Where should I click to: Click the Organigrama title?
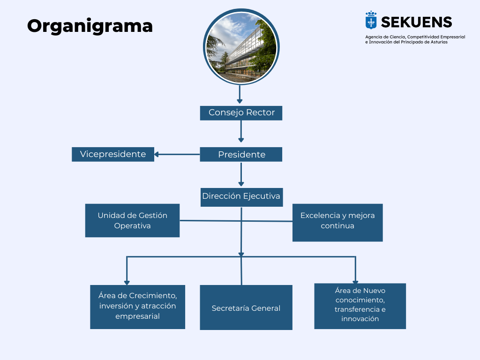point(90,26)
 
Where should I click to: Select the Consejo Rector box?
point(241,113)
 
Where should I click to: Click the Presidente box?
point(241,155)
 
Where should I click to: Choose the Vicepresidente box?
point(113,154)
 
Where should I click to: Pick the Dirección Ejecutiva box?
point(241,196)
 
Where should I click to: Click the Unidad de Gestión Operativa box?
point(132,220)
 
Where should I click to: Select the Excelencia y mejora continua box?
point(337,222)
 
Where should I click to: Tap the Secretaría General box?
point(246,307)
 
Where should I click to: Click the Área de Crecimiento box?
point(137,307)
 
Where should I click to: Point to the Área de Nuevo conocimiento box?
point(360,306)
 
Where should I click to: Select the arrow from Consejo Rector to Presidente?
point(241,131)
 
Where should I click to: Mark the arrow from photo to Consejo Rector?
point(240,94)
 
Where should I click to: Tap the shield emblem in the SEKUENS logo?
point(371,21)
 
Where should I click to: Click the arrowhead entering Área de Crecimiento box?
point(127,282)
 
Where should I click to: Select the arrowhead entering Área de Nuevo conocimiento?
point(355,280)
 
